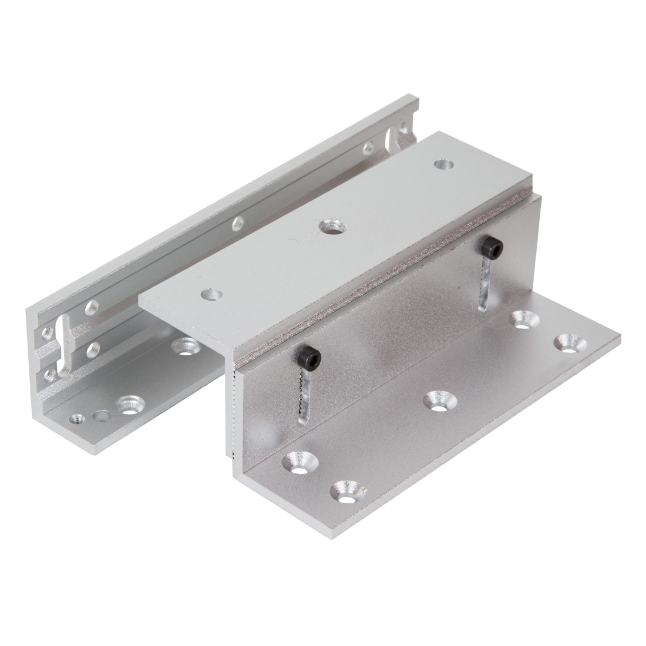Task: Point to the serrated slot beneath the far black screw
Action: coord(485,282)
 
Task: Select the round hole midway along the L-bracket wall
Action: coord(238,222)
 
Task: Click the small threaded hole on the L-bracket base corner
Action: coord(76,419)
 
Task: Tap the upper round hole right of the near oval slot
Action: coord(90,307)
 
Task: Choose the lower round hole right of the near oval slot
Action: coord(92,350)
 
